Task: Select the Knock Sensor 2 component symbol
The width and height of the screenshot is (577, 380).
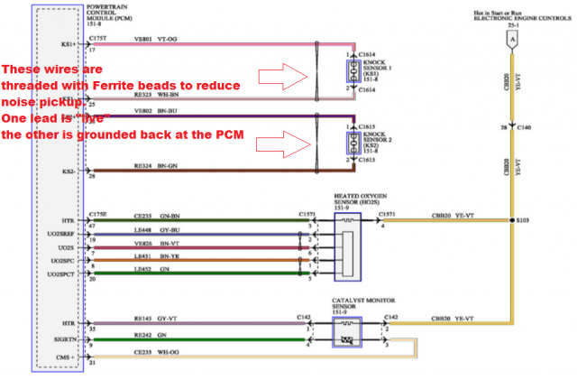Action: coord(350,145)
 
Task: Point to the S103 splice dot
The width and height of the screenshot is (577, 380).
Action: coord(510,218)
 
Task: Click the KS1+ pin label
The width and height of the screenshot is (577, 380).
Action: coord(69,43)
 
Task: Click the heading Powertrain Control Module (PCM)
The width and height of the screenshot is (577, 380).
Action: coord(111,14)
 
